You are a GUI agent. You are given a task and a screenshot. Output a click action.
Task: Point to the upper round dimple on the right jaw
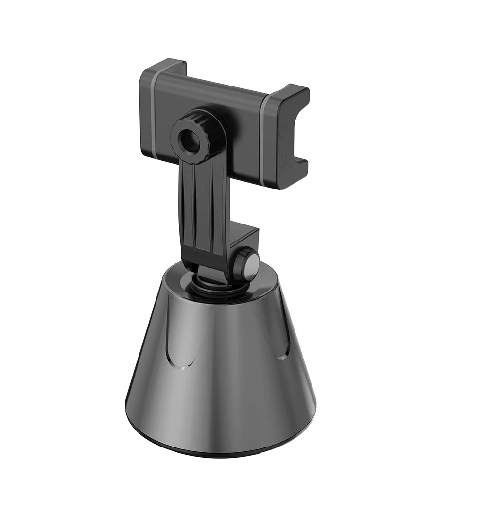(x=283, y=131)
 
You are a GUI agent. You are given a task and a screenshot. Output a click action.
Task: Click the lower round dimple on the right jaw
(x=283, y=161)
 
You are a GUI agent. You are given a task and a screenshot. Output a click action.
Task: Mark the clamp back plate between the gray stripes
(x=233, y=126)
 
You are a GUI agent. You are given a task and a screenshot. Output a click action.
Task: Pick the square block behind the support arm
(x=243, y=241)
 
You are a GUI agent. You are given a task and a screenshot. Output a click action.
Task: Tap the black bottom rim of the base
(x=219, y=449)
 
